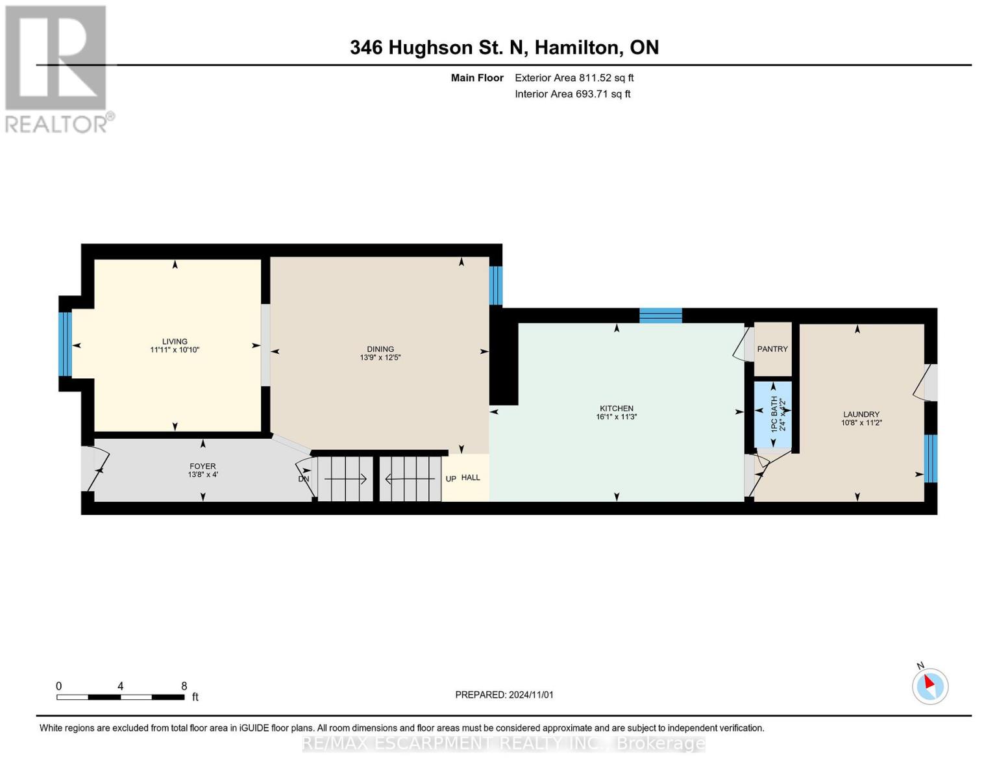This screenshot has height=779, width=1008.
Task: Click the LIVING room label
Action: click(x=175, y=341)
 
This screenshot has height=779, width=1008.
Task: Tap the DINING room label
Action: click(x=380, y=349)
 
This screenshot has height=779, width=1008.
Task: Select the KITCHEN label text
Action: click(x=617, y=408)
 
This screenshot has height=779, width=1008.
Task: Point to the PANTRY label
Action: click(x=772, y=349)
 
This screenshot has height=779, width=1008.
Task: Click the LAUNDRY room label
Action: click(x=861, y=414)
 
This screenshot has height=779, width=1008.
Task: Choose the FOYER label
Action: click(x=203, y=466)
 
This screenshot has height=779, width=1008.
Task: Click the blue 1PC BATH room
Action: click(x=772, y=415)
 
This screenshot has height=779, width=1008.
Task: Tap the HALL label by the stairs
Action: click(x=471, y=478)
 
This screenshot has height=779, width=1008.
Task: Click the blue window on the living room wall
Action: click(x=65, y=344)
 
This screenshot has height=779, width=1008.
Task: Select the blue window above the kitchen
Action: click(x=661, y=315)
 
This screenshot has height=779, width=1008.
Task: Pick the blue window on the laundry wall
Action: click(x=931, y=458)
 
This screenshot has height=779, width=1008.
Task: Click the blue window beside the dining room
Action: click(x=495, y=285)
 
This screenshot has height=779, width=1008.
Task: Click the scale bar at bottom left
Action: click(x=120, y=697)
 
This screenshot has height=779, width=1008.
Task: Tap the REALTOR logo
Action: click(x=57, y=69)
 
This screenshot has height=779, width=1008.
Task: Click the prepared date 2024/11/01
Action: click(x=504, y=695)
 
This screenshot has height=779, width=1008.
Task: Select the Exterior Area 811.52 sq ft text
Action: click(x=574, y=78)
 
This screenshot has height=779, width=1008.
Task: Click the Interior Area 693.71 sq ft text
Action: click(x=572, y=94)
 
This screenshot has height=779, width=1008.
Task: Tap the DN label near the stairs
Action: click(x=303, y=479)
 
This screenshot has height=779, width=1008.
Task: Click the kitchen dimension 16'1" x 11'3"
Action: click(x=617, y=417)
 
